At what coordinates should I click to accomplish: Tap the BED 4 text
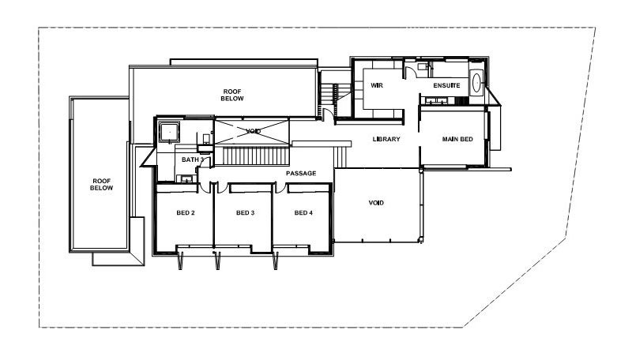303,213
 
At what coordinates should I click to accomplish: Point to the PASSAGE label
301,173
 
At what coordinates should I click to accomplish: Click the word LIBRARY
386,139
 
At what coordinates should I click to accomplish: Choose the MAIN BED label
457,139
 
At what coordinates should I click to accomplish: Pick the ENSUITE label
447,85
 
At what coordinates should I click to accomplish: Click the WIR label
377,85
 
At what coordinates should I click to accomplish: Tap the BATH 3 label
193,159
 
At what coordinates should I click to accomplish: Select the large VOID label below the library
376,203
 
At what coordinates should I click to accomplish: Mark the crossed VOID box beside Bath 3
253,131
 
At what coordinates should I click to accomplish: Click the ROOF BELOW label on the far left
101,184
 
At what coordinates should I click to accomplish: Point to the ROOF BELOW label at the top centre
232,95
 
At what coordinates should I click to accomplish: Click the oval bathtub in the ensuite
476,84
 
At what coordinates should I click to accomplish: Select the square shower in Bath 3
169,131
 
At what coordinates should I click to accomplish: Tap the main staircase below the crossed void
256,156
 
